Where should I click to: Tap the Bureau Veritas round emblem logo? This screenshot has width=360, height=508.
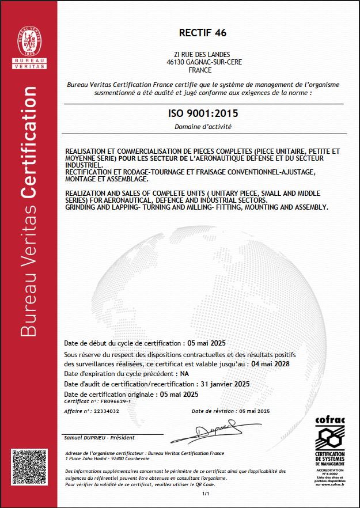(29, 36)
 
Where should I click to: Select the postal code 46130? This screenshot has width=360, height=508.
(175, 62)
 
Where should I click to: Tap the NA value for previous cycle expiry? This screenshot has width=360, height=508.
(185, 374)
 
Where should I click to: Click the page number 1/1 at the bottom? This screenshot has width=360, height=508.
(204, 494)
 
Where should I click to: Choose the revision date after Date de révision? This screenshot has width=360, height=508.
(254, 411)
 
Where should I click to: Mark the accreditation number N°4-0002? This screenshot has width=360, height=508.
(329, 473)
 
